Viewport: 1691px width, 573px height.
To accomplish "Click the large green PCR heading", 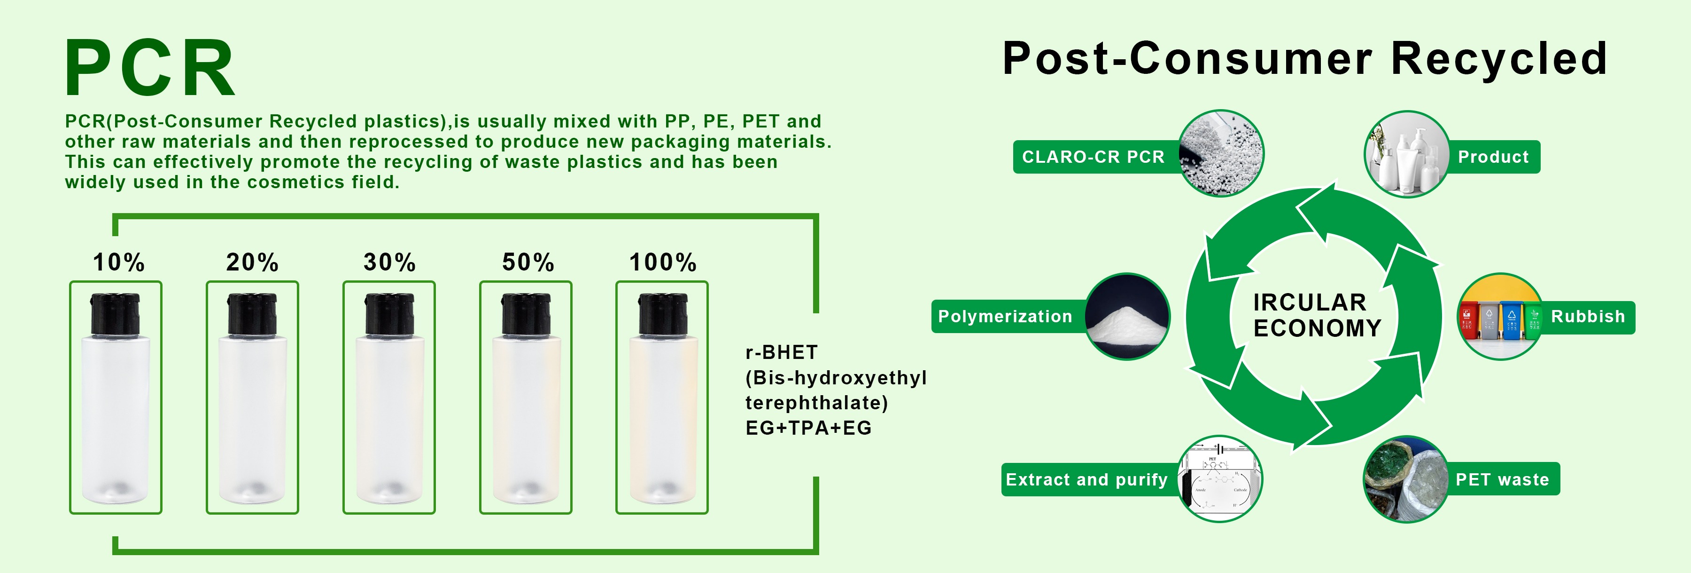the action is point(150,68).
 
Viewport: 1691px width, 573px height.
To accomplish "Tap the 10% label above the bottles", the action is point(119,262).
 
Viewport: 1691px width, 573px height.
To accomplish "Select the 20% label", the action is point(252,262).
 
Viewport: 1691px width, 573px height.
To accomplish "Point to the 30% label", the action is point(389,262).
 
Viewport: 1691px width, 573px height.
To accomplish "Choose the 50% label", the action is point(528,262).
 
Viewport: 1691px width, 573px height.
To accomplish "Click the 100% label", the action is point(663,262).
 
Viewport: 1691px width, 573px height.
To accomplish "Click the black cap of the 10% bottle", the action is point(116,314).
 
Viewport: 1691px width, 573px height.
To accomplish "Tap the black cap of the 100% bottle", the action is point(662,314).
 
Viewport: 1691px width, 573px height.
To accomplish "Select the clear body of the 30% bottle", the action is point(389,420).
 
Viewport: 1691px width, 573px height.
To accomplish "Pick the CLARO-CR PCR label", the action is point(1093,157).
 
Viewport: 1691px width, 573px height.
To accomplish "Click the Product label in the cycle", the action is point(1493,157).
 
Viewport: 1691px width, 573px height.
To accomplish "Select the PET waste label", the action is point(1503,480).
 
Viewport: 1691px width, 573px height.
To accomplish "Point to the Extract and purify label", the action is point(1086,480).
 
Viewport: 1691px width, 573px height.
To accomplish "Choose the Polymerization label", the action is point(1005,317).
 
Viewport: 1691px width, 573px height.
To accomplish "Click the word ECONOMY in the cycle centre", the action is point(1318,328).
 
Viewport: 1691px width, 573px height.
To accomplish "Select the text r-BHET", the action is point(781,352).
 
